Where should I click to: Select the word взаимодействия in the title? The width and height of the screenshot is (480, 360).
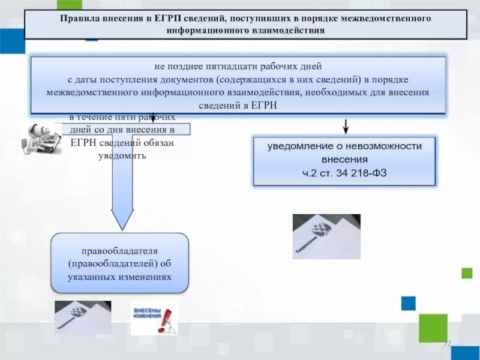click(289, 30)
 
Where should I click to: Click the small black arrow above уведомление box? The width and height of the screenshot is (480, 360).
click(346, 126)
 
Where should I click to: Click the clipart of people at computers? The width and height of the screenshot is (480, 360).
click(42, 139)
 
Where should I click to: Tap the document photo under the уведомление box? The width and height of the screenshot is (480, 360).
click(326, 236)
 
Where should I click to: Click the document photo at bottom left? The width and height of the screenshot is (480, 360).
click(83, 316)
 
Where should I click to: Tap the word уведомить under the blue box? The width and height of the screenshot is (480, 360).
click(122, 156)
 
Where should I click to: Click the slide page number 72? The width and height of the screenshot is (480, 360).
click(446, 344)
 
